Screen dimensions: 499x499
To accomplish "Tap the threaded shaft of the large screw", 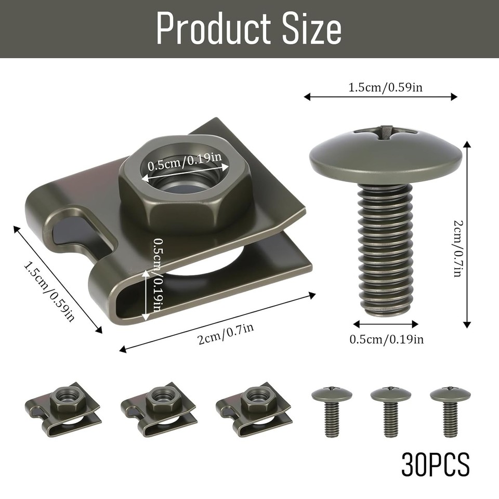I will point(385,249).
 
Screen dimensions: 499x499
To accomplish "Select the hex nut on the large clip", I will point(185,182).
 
